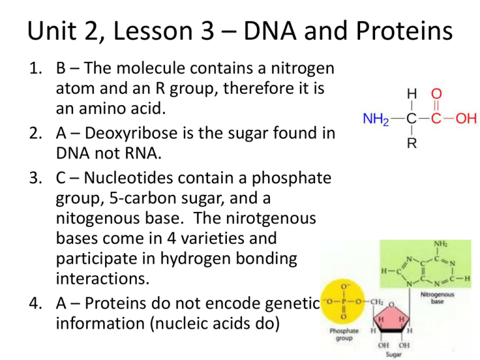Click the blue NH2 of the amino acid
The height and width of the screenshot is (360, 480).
377,118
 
